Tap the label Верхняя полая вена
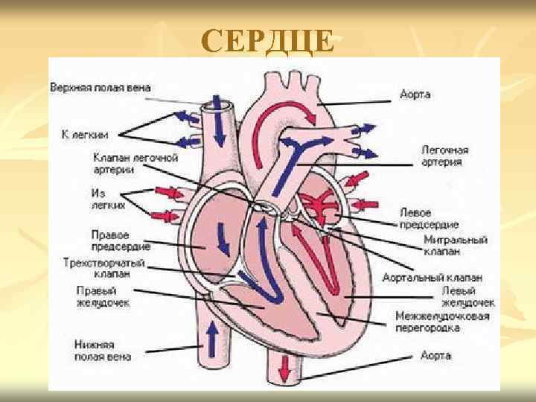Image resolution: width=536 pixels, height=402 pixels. coord(100,88)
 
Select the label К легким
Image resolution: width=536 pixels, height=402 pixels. coord(85,135)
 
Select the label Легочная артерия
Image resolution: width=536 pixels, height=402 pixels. coord(445,156)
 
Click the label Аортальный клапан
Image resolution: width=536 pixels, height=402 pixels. coord(455,277)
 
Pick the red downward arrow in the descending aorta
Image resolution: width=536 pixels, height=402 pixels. coord(285,367)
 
